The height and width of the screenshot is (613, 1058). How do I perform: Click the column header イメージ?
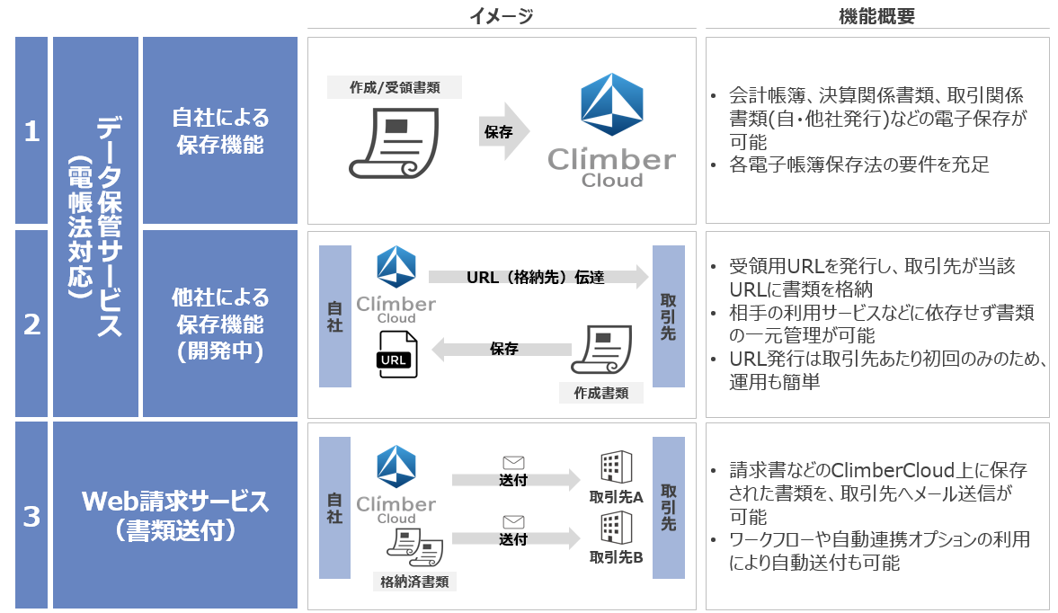point(501,15)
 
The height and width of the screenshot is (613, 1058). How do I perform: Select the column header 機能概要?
point(876,15)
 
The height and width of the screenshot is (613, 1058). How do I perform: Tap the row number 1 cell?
point(31,131)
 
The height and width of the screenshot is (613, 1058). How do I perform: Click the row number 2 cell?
point(31,324)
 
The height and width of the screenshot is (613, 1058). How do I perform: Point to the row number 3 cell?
point(31,516)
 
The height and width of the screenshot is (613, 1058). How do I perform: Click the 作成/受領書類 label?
point(395,87)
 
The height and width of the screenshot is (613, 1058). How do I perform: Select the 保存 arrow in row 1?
point(502,131)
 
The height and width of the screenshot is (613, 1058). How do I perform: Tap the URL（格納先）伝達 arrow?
point(538,278)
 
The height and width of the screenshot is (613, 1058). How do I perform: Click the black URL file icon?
point(396,352)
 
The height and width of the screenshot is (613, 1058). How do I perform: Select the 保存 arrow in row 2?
point(504,349)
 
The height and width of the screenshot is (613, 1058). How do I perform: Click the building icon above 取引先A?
point(616,467)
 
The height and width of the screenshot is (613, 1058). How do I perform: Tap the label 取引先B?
point(616,557)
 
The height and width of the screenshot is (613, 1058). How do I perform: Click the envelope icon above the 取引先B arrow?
point(513,521)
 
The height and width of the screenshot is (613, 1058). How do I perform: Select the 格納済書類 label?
point(414,582)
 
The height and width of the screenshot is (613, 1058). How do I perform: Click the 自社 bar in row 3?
point(335,507)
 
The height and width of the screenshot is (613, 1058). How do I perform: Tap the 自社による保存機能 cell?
point(220,131)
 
